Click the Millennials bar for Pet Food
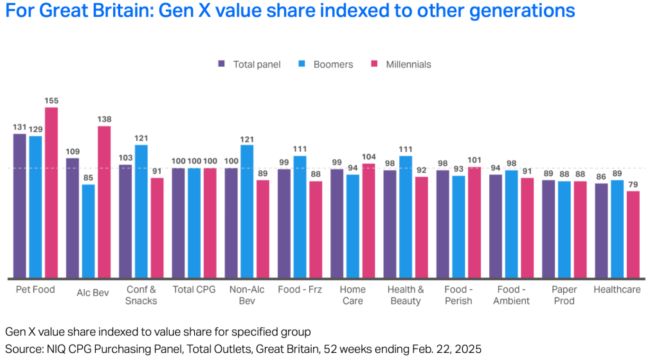[x=51, y=192]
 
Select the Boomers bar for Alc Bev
[x=88, y=231]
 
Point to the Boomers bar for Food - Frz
[x=300, y=217]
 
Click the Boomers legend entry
[x=326, y=64]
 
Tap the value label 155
[x=51, y=100]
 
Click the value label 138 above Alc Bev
[x=104, y=119]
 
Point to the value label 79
[x=633, y=184]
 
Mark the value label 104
[x=368, y=157]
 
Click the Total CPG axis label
[x=194, y=290]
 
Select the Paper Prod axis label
[x=564, y=295]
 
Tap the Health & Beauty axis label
[x=406, y=295]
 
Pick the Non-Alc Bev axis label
[x=246, y=295]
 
